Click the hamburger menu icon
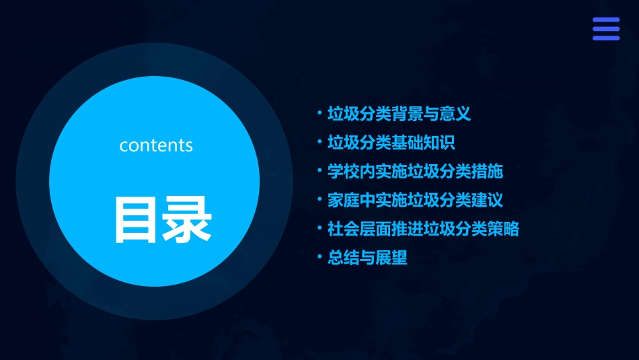[605, 29]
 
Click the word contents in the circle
[156, 145]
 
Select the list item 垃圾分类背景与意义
[399, 114]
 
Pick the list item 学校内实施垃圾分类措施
[415, 172]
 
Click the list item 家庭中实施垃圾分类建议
[415, 201]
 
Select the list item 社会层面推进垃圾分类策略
[423, 229]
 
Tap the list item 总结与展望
[367, 258]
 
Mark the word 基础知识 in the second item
[423, 143]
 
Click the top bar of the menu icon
[605, 20]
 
